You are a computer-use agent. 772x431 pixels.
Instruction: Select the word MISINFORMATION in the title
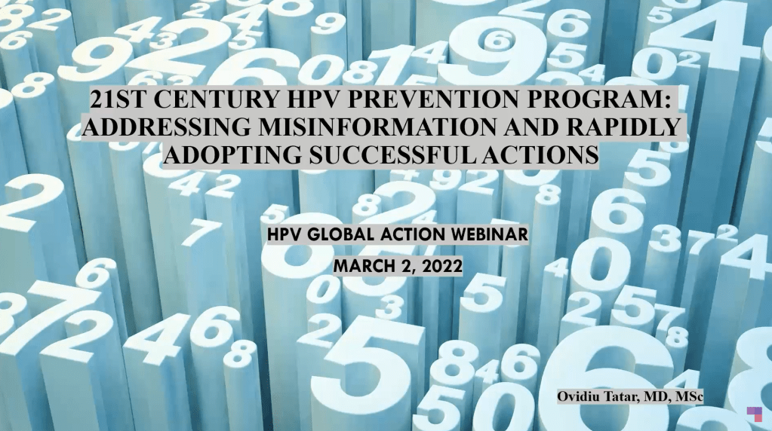(x=377, y=127)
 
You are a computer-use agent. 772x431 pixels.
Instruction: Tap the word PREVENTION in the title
(x=434, y=99)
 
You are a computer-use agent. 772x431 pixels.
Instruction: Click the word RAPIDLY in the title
(x=624, y=127)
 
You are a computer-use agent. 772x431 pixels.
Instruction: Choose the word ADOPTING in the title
(x=232, y=154)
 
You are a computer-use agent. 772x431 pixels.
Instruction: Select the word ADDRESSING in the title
(x=167, y=127)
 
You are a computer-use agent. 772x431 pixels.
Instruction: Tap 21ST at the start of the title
(x=118, y=99)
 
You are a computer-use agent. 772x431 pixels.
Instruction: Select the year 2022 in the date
(x=441, y=267)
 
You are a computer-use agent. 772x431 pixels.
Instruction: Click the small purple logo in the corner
(x=755, y=414)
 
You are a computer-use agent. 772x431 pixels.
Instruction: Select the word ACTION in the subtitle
(x=413, y=234)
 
